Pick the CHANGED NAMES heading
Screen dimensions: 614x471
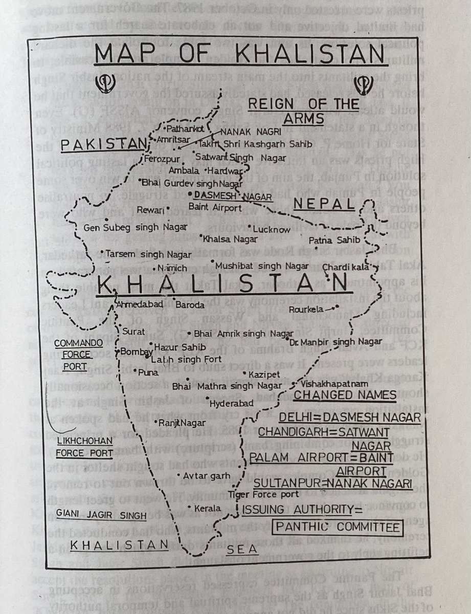345,396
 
